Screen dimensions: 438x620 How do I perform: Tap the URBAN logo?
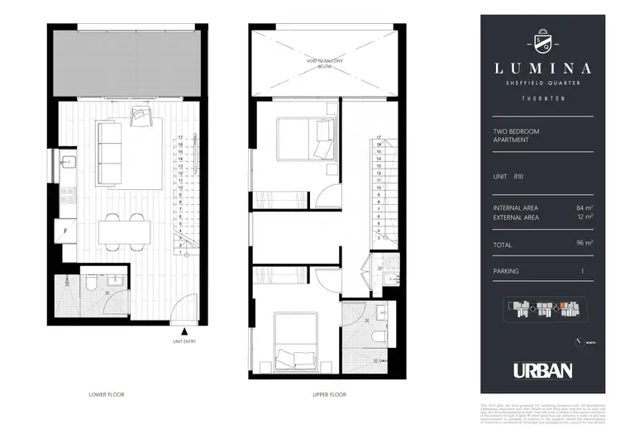pos(542,371)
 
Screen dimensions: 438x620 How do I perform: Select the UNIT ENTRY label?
pos(184,340)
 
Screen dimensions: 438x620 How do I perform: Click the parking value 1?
pos(583,270)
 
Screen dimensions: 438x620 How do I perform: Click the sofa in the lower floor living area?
pos(108,152)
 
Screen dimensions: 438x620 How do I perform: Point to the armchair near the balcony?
pos(142,117)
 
